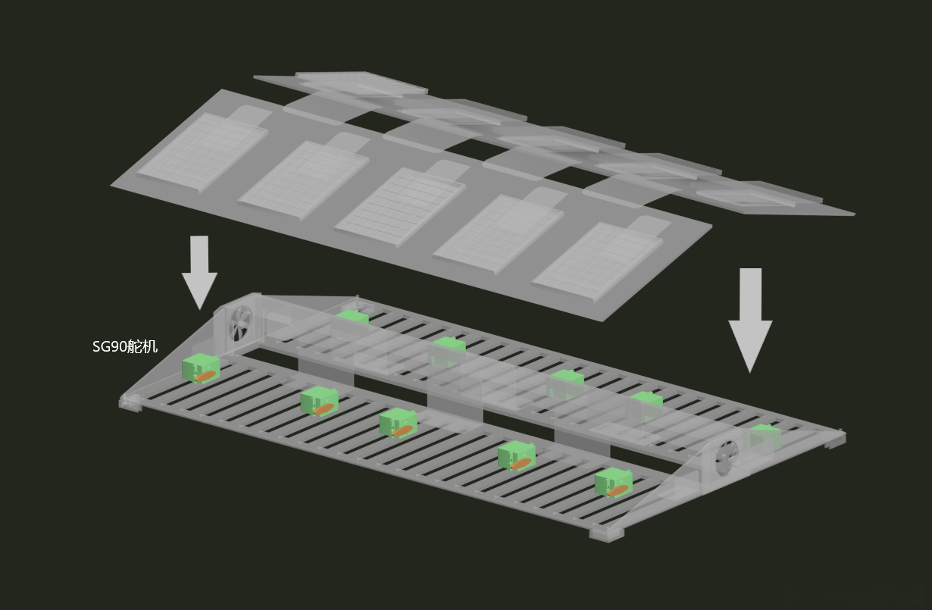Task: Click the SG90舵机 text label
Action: point(125,346)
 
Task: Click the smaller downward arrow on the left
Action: point(199,273)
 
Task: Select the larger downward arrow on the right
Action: point(750,320)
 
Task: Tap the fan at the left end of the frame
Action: point(240,324)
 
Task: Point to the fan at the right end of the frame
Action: point(727,458)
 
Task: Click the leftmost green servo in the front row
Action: point(201,368)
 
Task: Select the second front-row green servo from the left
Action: point(319,401)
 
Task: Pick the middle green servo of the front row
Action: point(398,423)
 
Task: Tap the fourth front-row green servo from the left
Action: point(517,455)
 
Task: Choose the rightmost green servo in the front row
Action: point(614,483)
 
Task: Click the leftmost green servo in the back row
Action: point(352,318)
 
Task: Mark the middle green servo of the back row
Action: point(567,383)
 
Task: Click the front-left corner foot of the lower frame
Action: point(130,403)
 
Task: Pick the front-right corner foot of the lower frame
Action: point(607,534)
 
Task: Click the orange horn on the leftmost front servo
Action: point(205,376)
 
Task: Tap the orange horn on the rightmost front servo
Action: point(618,490)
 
